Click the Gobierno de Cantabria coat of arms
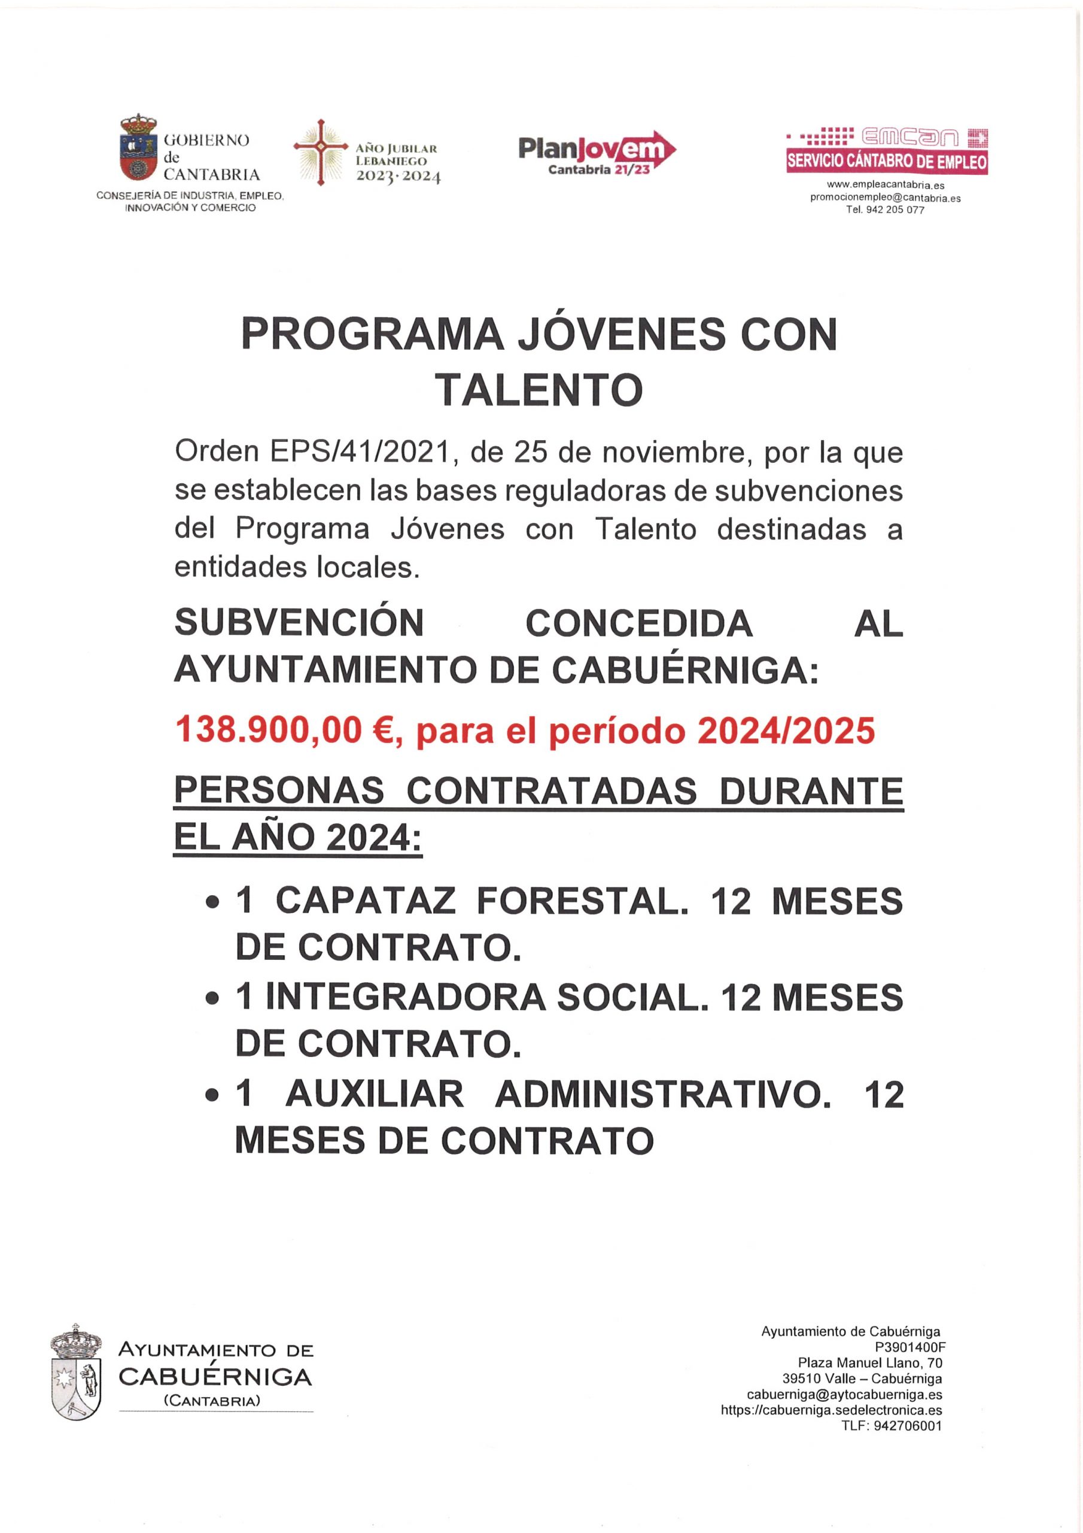point(138,149)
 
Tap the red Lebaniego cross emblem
point(321,152)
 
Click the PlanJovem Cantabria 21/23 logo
point(597,152)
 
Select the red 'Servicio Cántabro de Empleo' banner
point(886,162)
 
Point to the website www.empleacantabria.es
point(886,185)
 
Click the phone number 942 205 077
point(895,210)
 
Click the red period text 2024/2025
point(786,731)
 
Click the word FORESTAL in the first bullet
point(582,901)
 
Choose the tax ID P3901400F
point(910,1347)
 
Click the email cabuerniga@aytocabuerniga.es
point(844,1395)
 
